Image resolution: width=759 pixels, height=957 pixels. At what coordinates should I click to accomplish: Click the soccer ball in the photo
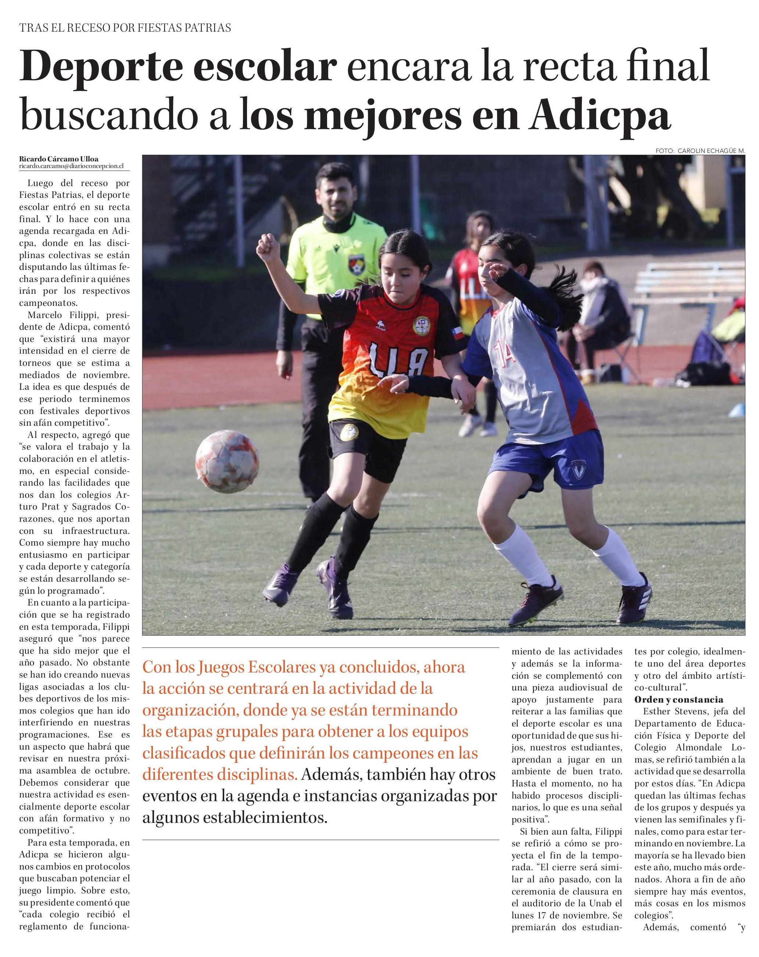(227, 463)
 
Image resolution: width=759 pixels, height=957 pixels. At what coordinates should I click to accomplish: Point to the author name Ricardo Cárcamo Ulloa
(58, 159)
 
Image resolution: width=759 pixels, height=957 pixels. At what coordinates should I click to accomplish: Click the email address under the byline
(71, 166)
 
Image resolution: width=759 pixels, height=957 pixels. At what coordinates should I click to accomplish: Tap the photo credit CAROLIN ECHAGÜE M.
(711, 151)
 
